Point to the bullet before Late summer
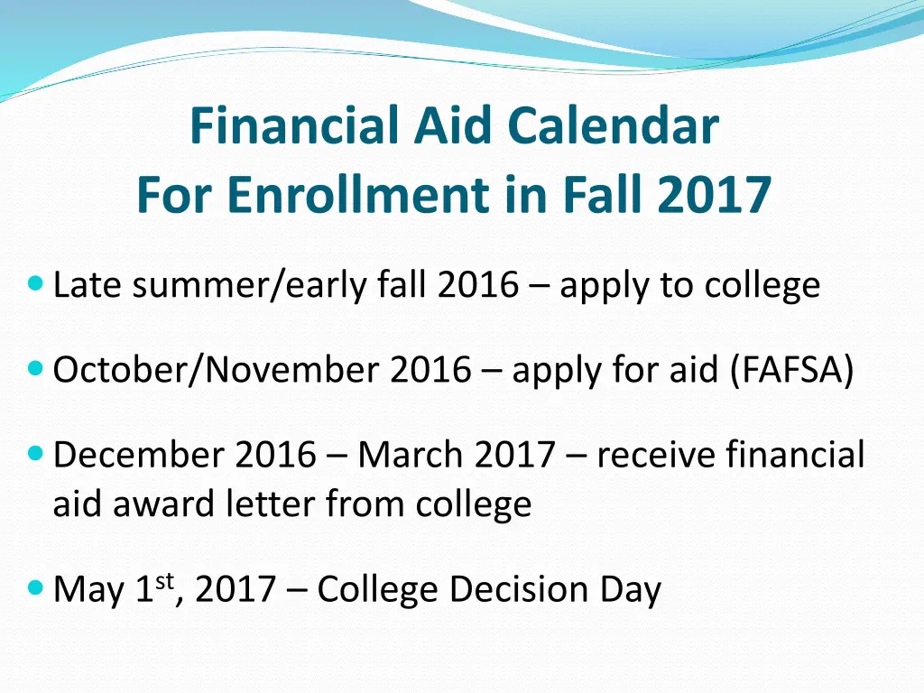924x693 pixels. (36, 284)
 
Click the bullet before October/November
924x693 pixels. (36, 368)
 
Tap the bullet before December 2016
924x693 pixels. (36, 452)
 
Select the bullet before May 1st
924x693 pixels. (36, 588)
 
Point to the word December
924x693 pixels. (139, 454)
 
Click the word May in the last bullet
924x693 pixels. (89, 591)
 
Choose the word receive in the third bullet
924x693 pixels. (655, 454)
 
